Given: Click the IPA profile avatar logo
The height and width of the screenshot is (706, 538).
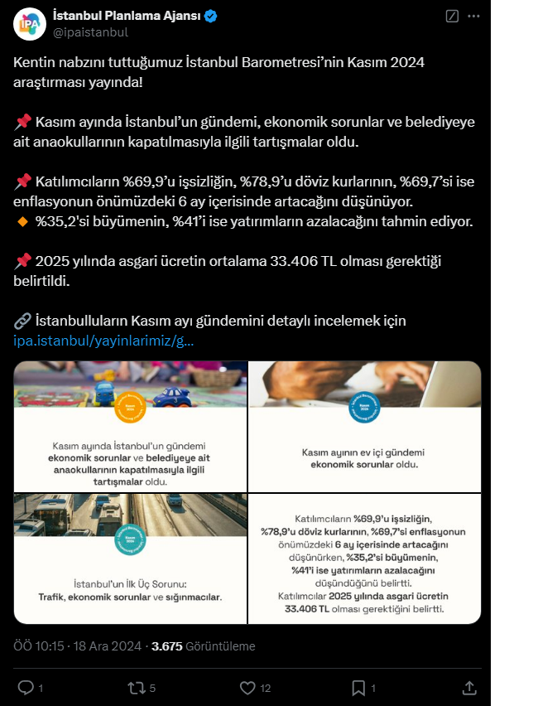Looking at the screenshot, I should [29, 23].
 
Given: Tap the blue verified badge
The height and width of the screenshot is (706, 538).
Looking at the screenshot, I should [212, 16].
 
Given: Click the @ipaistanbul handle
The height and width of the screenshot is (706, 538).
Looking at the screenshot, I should [90, 32].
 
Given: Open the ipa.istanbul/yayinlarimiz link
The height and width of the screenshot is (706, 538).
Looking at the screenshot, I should [104, 341].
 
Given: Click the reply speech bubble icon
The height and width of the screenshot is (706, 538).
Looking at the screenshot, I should [26, 688].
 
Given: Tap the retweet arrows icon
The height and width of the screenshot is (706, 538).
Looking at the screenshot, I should [136, 688].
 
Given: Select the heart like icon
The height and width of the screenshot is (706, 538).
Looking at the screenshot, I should [247, 688].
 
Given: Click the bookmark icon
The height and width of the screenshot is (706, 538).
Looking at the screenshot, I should [358, 688].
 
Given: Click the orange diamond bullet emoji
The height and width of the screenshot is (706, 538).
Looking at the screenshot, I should [22, 221].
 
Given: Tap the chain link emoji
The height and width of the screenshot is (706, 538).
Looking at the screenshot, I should [22, 321].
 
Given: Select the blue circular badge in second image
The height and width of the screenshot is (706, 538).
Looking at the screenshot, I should [365, 408].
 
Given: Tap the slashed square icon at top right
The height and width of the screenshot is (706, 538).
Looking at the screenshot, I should [452, 16].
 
